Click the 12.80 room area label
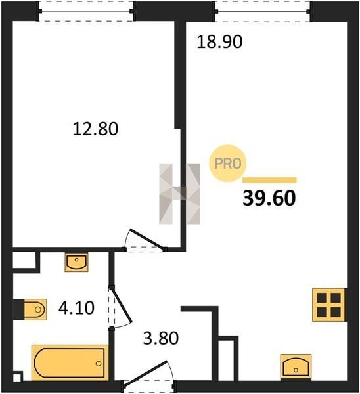pyautogui.click(x=95, y=129)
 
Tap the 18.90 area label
pyautogui.click(x=219, y=42)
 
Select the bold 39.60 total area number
pyautogui.click(x=269, y=198)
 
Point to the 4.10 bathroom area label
pyautogui.click(x=76, y=308)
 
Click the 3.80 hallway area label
pyautogui.click(x=161, y=338)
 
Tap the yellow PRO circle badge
pyautogui.click(x=228, y=164)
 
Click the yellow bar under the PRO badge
pyautogui.click(x=269, y=180)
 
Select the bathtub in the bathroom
pyautogui.click(x=70, y=362)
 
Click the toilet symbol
pyautogui.click(x=35, y=309)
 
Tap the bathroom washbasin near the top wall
pyautogui.click(x=76, y=262)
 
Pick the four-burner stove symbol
pyautogui.click(x=329, y=305)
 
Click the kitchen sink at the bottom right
pyautogui.click(x=296, y=367)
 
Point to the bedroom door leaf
pyautogui.click(x=147, y=240)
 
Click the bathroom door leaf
pyautogui.click(x=122, y=305)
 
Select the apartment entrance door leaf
pyautogui.click(x=145, y=373)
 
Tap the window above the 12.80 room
pyautogui.click(x=86, y=11)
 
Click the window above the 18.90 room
pyautogui.click(x=263, y=11)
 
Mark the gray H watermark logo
pyautogui.click(x=180, y=194)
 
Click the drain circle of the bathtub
pyautogui.click(x=99, y=363)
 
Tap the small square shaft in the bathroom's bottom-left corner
pyautogui.click(x=17, y=376)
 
